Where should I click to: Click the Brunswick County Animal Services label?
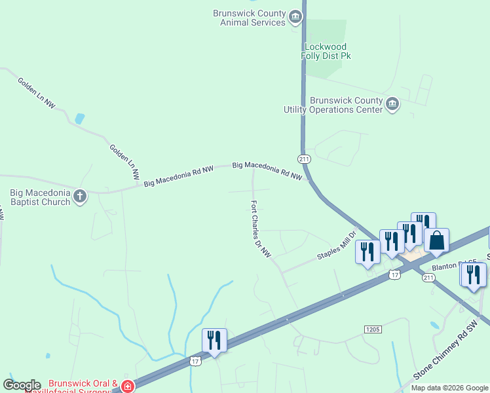click(x=250, y=18)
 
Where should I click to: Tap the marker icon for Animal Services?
click(x=295, y=16)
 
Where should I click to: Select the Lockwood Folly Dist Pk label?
click(x=326, y=51)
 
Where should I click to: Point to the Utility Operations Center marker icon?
click(x=392, y=104)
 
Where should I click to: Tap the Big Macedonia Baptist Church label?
click(x=40, y=197)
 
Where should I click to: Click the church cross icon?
click(x=80, y=196)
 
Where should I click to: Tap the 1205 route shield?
click(x=372, y=327)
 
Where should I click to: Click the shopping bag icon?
click(x=436, y=240)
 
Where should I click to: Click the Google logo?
click(x=21, y=385)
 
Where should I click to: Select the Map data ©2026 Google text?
click(x=449, y=388)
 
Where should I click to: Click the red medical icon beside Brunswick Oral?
click(x=127, y=386)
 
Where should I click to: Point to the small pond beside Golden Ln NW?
click(x=80, y=119)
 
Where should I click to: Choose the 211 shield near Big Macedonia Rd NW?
click(x=303, y=159)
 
